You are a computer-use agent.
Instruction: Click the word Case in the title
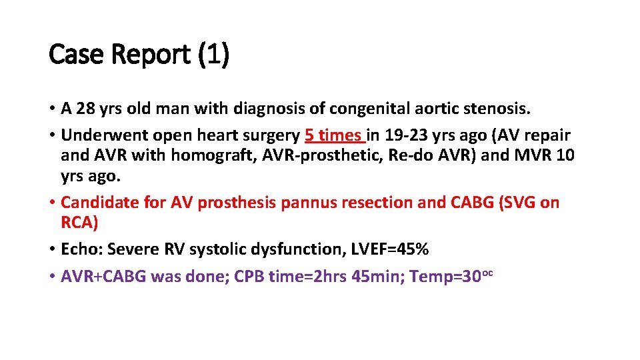[x=75, y=55]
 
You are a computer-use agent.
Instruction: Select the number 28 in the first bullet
[x=86, y=108]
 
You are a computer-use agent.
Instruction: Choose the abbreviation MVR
[x=523, y=155]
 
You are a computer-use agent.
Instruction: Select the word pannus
[x=309, y=202]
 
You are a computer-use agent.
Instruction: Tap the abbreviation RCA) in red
[x=79, y=222]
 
